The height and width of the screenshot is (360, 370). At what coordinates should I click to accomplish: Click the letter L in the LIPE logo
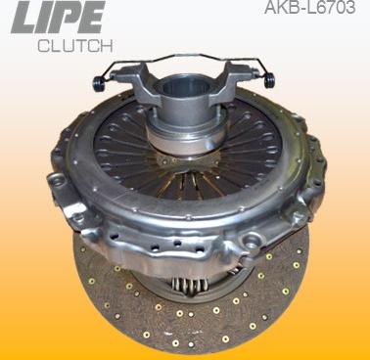[x=22, y=21]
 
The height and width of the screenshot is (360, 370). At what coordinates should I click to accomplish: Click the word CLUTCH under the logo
[x=74, y=46]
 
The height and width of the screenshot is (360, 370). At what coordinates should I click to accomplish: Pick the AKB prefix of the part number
[x=281, y=9]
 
